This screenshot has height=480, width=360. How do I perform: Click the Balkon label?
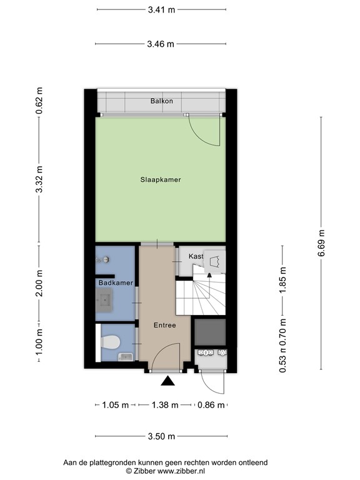pyautogui.click(x=161, y=101)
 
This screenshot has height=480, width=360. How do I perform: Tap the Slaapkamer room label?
pyautogui.click(x=161, y=179)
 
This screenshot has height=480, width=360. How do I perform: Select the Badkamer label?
pyautogui.click(x=116, y=283)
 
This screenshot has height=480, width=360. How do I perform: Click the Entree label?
pyautogui.click(x=165, y=325)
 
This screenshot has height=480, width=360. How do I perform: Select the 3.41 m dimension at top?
pyautogui.click(x=161, y=10)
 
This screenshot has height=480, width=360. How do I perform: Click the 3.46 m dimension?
pyautogui.click(x=161, y=44)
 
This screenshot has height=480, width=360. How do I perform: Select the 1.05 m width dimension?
pyautogui.click(x=115, y=405)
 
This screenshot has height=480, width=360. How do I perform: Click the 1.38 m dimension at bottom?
pyautogui.click(x=165, y=405)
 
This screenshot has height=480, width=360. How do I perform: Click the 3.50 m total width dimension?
pyautogui.click(x=161, y=436)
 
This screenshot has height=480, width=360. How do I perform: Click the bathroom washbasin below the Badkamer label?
pyautogui.click(x=104, y=302)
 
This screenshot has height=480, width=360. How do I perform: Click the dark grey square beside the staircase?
pyautogui.click(x=209, y=332)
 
